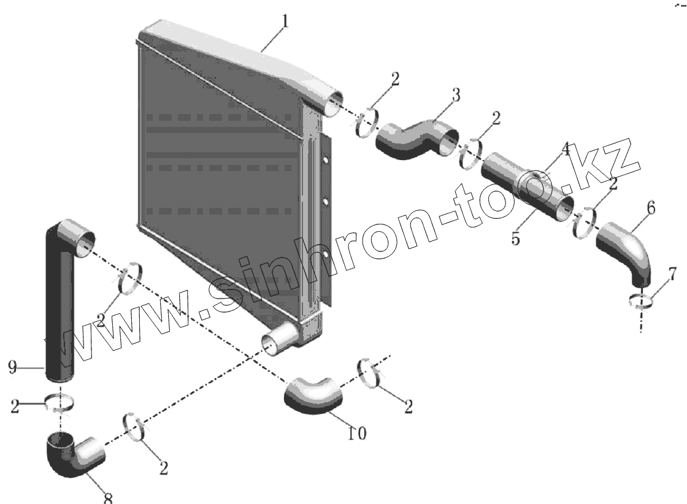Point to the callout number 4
(x=564, y=149)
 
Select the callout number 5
(x=515, y=239)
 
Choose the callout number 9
(x=12, y=367)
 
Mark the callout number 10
(x=356, y=433)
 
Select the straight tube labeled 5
(x=528, y=188)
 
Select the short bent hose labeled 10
(x=313, y=395)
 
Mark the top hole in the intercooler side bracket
(x=324, y=161)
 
